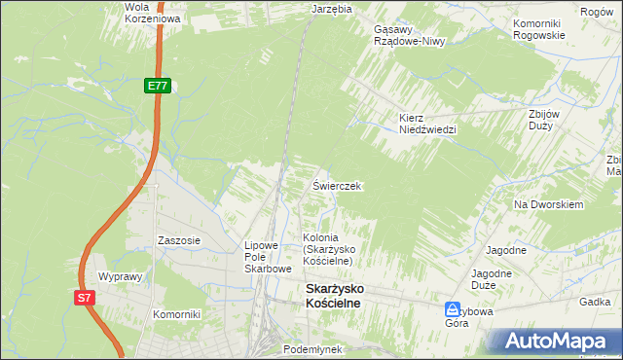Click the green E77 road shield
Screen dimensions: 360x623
point(159,87)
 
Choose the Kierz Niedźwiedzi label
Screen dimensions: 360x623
point(426,124)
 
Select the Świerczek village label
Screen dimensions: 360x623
point(337,185)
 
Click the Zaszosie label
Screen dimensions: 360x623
point(179,239)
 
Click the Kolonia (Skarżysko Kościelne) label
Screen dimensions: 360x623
point(333,249)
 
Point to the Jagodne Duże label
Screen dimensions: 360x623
point(492,279)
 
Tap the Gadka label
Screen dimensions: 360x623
point(594,303)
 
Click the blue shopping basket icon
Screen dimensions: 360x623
point(453,308)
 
